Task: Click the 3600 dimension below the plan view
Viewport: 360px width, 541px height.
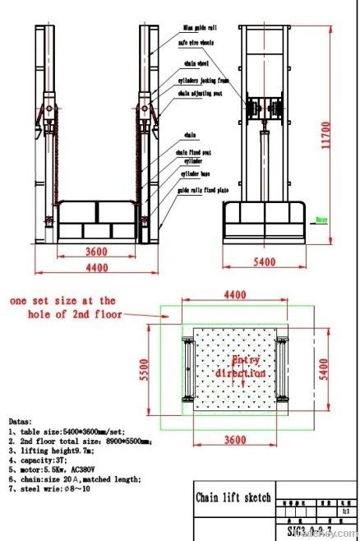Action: pos(235,440)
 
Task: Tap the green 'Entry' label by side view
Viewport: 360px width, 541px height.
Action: pos(323,220)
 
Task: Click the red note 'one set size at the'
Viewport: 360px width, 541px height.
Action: pos(62,301)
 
